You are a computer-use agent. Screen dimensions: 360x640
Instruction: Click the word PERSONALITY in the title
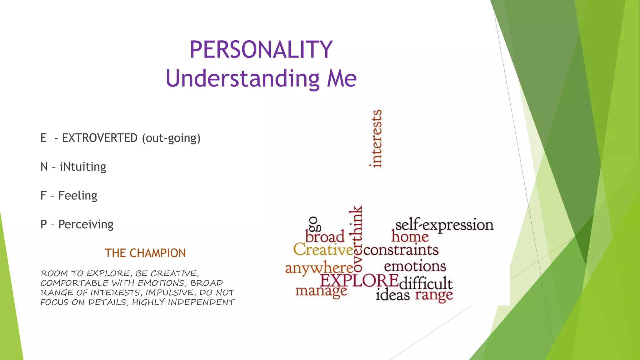(x=261, y=50)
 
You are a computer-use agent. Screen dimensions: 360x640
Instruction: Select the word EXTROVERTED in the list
(x=100, y=138)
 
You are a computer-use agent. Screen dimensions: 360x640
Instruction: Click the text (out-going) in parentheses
(x=171, y=138)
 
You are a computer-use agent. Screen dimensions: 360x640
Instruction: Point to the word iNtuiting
(x=83, y=167)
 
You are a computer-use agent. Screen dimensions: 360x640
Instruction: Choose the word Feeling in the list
(x=78, y=196)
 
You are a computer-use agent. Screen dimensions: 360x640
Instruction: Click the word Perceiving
(x=86, y=224)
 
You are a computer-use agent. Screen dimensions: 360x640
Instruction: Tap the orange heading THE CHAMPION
(x=145, y=253)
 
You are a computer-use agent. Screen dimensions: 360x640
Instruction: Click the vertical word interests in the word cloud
(x=376, y=138)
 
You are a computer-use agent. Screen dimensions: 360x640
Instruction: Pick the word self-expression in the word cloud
(x=444, y=225)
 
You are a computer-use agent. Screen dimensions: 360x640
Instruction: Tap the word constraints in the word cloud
(x=401, y=250)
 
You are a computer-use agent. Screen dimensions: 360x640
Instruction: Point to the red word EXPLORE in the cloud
(x=359, y=280)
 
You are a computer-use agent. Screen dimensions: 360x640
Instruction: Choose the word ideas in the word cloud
(x=392, y=295)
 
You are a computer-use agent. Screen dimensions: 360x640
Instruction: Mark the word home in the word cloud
(x=410, y=237)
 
